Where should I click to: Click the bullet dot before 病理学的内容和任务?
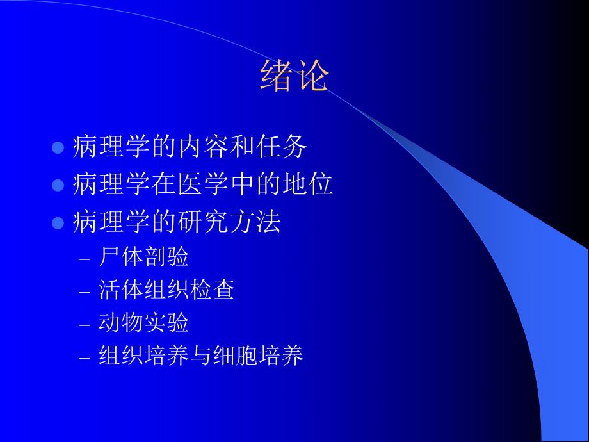58,148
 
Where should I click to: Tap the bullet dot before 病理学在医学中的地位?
58,186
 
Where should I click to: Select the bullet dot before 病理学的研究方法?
58,224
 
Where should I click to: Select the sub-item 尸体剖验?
143,258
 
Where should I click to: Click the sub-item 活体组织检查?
166,290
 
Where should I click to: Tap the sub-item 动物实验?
143,323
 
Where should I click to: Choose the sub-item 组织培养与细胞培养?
200,356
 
